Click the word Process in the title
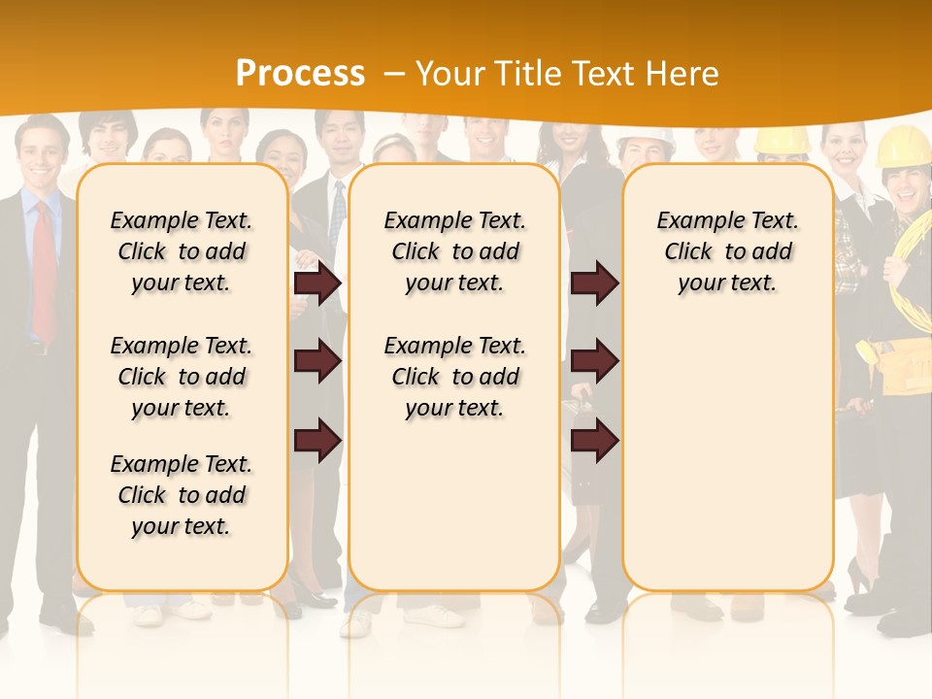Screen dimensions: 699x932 coord(300,74)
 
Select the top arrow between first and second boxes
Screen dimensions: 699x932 coord(316,283)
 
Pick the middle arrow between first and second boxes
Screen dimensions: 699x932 coord(316,361)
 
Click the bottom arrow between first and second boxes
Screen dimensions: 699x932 coord(316,441)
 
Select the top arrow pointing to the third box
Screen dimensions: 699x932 coord(594,283)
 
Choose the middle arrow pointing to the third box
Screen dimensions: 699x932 coord(594,361)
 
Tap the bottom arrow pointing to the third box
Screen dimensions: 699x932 coord(594,441)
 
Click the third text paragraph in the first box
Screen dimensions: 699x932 coord(181,495)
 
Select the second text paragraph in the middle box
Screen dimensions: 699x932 coord(454,377)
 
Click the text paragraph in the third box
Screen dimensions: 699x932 coord(727,251)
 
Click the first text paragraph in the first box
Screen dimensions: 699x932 coord(181,251)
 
